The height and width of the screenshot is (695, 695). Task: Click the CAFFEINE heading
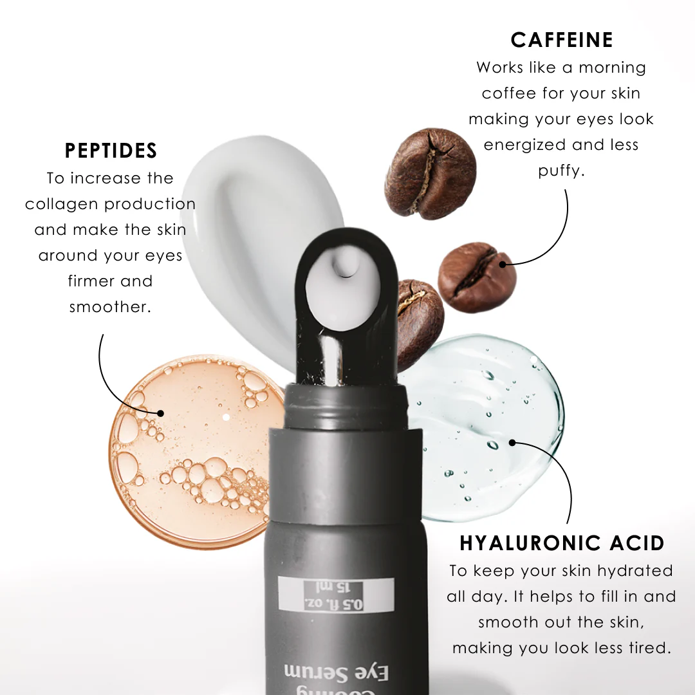(561, 40)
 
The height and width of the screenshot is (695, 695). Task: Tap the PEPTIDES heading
(111, 151)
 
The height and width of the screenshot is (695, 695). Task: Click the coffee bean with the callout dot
(477, 277)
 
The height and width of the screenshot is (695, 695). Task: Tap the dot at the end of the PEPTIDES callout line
(160, 413)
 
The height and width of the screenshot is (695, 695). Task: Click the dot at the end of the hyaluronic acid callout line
(512, 442)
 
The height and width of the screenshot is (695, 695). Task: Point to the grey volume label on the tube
(335, 594)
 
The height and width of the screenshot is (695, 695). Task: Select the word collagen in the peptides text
(62, 205)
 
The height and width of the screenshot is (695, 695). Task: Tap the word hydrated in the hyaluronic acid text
(635, 571)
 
